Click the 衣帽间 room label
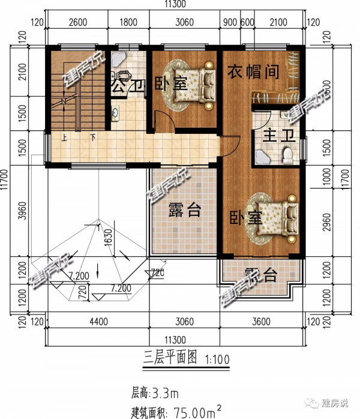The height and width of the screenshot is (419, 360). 253,73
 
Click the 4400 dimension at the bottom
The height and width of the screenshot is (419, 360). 98,322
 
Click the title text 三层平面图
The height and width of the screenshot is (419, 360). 170,358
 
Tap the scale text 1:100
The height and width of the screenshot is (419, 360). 217,360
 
